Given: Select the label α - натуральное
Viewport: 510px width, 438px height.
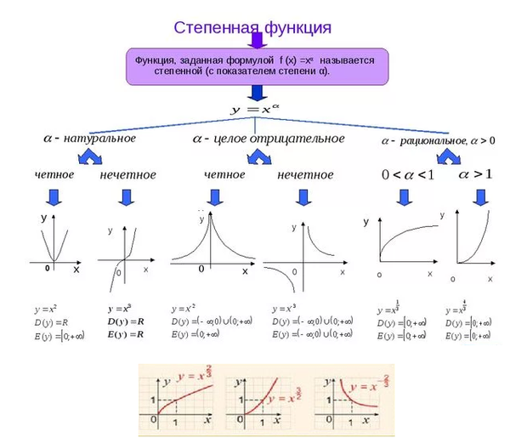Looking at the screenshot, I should point(89,138).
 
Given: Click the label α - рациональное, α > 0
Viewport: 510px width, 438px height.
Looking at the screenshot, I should point(437,140).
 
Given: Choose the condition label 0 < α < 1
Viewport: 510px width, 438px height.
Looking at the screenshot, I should point(407,174).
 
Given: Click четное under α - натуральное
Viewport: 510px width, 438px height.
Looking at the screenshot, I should point(54,175).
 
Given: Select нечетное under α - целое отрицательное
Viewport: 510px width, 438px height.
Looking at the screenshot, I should point(305,175).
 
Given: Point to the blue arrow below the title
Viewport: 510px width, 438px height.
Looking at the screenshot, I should point(254,39).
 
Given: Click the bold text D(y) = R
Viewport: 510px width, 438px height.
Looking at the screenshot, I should point(127,322).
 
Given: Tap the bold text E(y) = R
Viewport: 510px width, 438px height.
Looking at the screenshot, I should point(127,335).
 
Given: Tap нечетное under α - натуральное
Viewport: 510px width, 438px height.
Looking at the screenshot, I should point(127,175).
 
